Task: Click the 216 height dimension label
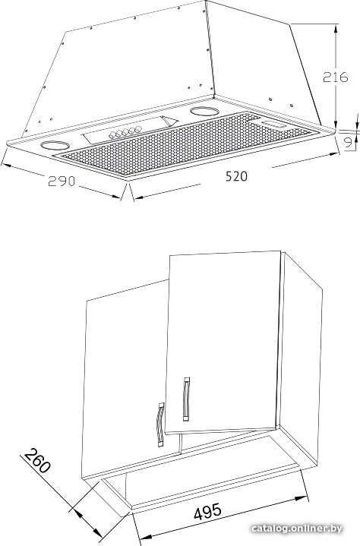tap(335, 77)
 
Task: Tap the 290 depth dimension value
tap(62, 181)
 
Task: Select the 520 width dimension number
tap(236, 176)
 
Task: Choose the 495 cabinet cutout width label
tap(207, 512)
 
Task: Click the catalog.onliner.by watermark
tap(297, 529)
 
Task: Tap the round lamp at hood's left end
tap(55, 145)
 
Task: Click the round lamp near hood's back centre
tap(204, 112)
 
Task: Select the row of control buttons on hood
tap(125, 132)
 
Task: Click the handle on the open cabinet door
tap(186, 399)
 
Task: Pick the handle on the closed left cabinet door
tap(160, 424)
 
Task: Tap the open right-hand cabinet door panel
tap(223, 342)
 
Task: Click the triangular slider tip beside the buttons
tap(169, 121)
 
